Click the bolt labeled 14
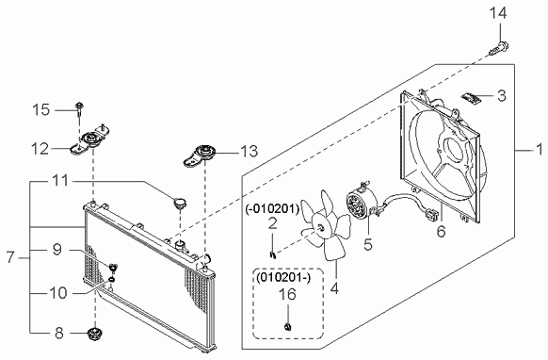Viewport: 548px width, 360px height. click(499, 49)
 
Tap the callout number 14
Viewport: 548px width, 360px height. click(498, 13)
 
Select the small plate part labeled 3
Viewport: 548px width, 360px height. click(471, 98)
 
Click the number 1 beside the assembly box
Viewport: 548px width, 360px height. click(540, 150)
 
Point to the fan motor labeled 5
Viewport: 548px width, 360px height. click(361, 202)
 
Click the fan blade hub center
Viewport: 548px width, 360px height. click(320, 228)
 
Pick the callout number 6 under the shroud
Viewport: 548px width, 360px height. click(441, 231)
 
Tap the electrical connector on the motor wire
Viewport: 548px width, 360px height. click(431, 214)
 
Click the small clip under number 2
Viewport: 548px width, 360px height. click(273, 255)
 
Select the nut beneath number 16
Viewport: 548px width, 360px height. click(287, 327)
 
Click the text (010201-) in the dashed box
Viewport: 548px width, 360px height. click(283, 278)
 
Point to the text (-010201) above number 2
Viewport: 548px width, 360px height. click(272, 209)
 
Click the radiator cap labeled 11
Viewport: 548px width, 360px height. click(181, 203)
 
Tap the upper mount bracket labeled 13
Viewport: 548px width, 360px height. click(201, 155)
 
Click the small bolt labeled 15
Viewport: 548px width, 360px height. click(80, 108)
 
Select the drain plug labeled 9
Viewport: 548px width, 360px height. click(113, 268)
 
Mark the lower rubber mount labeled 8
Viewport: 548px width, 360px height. click(93, 335)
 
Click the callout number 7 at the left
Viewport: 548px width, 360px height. click(10, 258)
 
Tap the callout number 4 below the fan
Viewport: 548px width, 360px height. click(334, 289)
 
